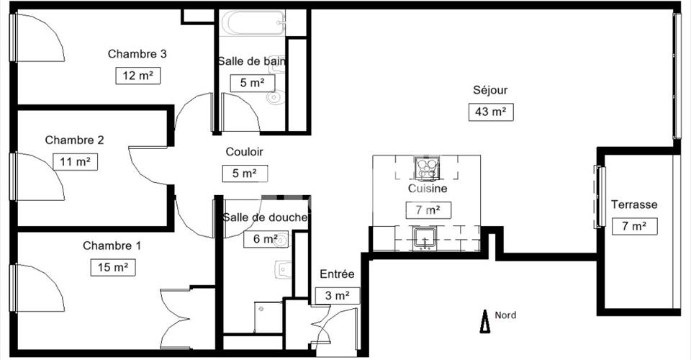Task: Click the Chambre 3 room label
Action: click(137, 54)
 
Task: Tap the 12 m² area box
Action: click(138, 76)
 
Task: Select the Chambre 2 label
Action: click(74, 140)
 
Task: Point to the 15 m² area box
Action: click(113, 267)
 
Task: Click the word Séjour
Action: click(490, 90)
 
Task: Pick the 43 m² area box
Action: click(491, 112)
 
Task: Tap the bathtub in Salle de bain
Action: click(253, 23)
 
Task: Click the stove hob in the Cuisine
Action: click(427, 168)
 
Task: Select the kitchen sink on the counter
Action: click(425, 238)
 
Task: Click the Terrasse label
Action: click(634, 204)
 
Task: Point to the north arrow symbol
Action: click(485, 321)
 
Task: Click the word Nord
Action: click(505, 315)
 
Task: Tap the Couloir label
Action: click(245, 152)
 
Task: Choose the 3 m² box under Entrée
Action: click(338, 296)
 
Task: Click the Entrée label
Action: click(337, 274)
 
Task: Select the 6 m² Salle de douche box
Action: click(266, 239)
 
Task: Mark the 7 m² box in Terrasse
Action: click(635, 226)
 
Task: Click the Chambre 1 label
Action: click(112, 246)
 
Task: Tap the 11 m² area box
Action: click(75, 162)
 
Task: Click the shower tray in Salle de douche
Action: click(268, 317)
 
